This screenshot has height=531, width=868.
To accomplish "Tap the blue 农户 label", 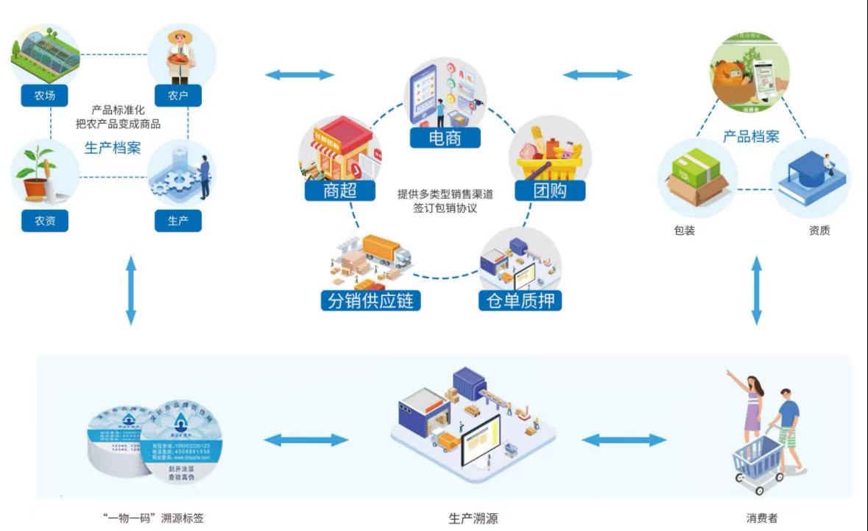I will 177,96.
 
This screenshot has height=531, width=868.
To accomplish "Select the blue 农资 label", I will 45,221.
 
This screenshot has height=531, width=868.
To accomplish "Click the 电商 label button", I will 445,138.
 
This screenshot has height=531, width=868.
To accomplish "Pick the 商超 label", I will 339,191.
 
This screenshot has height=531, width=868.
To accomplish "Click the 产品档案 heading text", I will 750,137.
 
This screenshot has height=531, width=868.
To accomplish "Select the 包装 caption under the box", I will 684,231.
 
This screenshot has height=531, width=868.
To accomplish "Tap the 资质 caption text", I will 819,231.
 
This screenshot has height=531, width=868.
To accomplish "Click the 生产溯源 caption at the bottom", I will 473,518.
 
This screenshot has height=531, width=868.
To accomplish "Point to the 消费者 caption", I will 761,518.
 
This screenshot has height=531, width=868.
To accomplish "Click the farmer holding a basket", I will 180,55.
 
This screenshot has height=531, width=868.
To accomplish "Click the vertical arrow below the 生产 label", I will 131,290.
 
